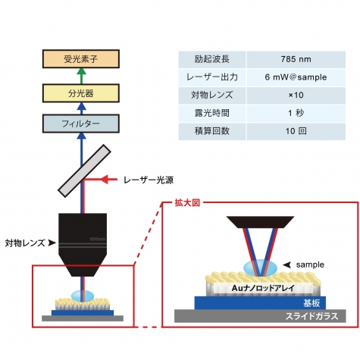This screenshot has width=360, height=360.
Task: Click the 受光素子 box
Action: point(81,59)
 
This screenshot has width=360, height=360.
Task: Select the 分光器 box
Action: point(81,93)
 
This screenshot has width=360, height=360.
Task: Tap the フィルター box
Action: point(81,124)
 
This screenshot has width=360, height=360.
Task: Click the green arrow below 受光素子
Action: point(81,76)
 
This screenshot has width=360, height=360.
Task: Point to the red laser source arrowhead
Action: point(105,180)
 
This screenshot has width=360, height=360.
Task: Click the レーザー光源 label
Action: point(149,180)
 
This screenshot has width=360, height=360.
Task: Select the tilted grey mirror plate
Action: point(84,171)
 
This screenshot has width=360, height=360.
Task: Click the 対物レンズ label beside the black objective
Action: point(25,243)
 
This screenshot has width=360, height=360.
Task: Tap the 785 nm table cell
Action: point(296,59)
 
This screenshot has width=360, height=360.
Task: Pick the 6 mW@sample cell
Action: point(296,77)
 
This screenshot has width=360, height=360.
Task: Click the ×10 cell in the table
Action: point(296,95)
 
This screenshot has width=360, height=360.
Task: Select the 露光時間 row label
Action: point(212,113)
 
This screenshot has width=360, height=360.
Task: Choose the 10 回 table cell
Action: point(296,131)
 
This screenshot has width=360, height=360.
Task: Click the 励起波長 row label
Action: point(212,59)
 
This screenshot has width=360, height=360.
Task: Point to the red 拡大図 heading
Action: point(187,203)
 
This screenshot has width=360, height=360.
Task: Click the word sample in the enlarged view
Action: point(310,265)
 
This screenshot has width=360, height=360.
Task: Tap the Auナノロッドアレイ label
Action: point(263,288)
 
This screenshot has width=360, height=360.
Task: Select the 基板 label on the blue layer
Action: point(311,303)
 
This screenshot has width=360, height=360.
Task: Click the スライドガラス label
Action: point(311,316)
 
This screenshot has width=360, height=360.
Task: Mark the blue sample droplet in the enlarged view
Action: point(260,268)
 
